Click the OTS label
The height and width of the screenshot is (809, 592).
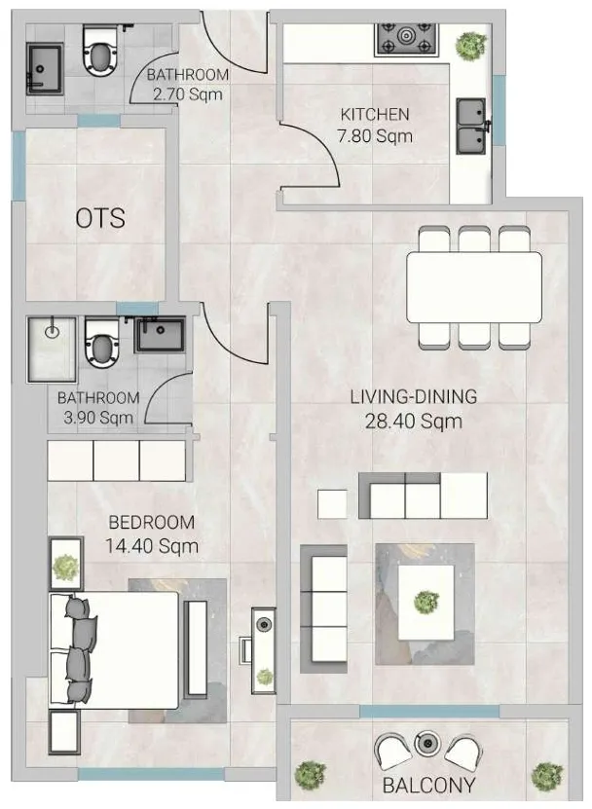click(x=100, y=218)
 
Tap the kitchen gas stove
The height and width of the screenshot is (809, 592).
click(x=408, y=41)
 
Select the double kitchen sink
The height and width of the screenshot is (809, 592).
click(x=473, y=126)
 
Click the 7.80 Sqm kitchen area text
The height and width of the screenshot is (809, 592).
click(x=375, y=136)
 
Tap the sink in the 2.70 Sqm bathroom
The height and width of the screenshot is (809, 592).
click(x=45, y=66)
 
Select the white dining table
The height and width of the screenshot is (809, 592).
click(x=472, y=287)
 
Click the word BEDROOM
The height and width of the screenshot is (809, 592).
click(x=151, y=523)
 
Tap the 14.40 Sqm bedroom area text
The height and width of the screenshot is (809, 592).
click(x=152, y=546)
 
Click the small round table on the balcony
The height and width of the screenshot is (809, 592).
click(x=427, y=743)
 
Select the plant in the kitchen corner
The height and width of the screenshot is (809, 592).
click(x=472, y=43)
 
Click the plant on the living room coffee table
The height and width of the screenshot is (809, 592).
click(x=425, y=602)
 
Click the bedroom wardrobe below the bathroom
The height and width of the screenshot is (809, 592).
click(x=117, y=460)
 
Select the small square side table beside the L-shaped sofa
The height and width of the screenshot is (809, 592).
click(x=332, y=503)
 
